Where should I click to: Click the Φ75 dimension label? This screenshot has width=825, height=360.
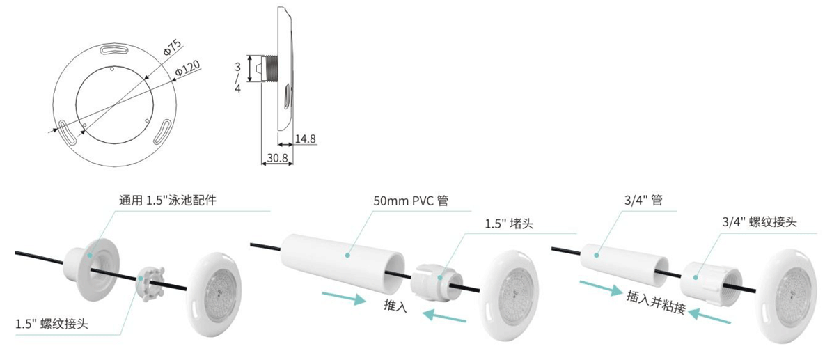(173, 48)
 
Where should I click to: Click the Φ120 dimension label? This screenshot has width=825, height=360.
(187, 68)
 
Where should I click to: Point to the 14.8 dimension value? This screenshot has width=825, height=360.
(305, 139)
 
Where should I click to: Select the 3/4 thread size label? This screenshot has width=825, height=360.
(237, 77)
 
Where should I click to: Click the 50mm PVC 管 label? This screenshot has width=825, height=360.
(410, 201)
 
